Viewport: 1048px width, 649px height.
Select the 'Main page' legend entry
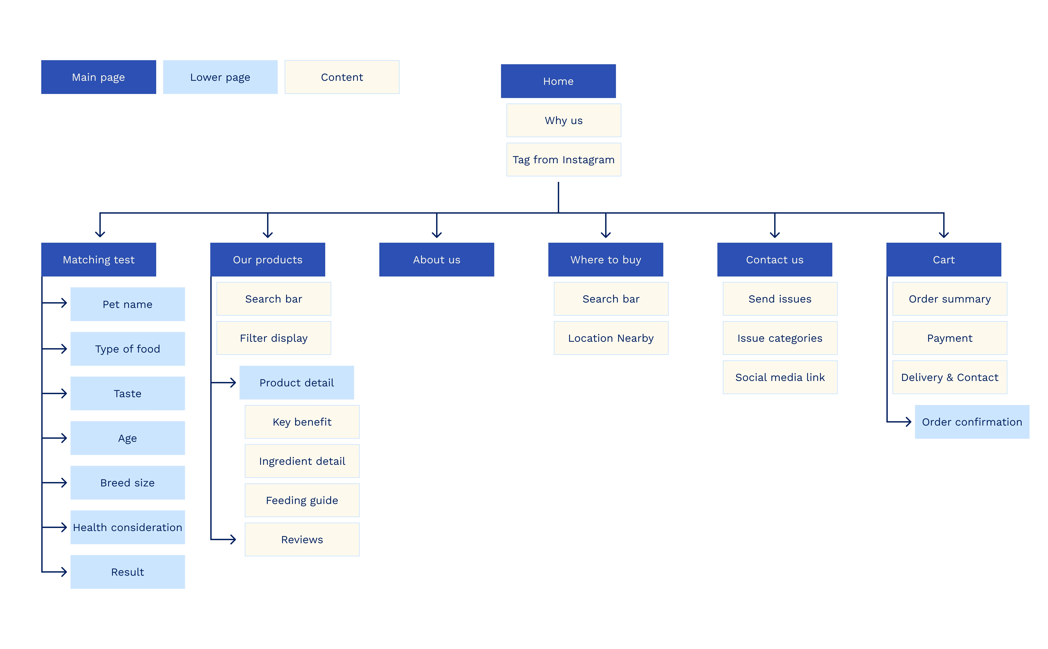pos(98,77)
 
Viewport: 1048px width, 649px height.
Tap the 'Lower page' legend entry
pos(220,77)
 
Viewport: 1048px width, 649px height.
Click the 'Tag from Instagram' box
pos(564,160)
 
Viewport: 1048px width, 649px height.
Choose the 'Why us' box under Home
pos(564,121)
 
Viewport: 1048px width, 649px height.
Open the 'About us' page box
pos(436,260)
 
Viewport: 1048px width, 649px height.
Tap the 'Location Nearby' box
pos(611,338)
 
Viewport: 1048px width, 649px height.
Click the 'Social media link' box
pos(780,377)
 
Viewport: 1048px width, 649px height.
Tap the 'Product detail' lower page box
pos(296,383)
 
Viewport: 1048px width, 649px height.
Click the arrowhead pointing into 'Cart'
pos(944,234)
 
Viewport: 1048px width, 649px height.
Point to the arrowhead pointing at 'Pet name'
pos(64,303)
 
